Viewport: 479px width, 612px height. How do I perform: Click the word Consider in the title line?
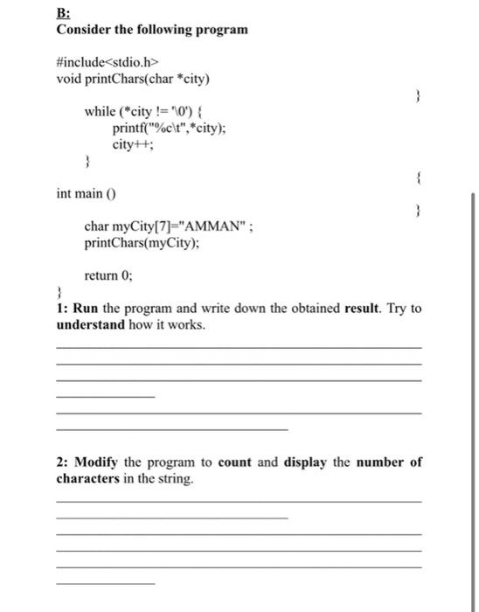tap(83, 30)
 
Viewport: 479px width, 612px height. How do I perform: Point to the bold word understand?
tap(92, 324)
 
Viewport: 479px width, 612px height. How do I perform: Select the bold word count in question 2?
tap(236, 462)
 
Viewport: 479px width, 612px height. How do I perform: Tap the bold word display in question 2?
tap(307, 462)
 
